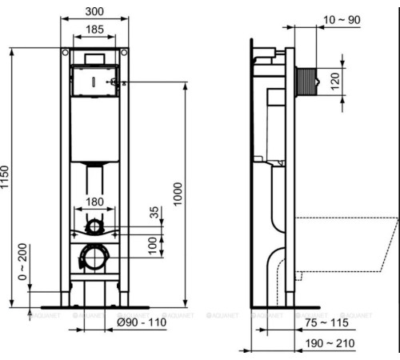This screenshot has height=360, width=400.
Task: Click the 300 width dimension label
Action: [94, 10]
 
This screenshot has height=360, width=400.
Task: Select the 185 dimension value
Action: [94, 30]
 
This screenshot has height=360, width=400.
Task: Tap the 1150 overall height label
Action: [6, 177]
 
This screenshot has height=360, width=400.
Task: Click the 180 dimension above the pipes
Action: [94, 202]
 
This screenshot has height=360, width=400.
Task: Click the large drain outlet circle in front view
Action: [94, 257]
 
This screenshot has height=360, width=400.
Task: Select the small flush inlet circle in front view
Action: [94, 226]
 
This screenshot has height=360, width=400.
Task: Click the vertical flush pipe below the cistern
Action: [94, 180]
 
